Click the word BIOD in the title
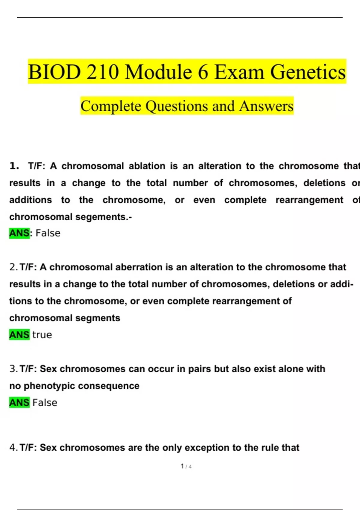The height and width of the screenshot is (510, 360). click(x=54, y=72)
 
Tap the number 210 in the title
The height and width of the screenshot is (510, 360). click(x=103, y=72)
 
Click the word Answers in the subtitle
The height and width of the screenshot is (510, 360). click(x=266, y=106)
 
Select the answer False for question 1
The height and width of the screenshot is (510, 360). click(x=48, y=233)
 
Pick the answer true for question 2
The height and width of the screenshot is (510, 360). click(x=42, y=335)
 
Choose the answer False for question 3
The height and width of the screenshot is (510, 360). click(x=45, y=403)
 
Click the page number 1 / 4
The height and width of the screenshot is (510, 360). click(x=186, y=466)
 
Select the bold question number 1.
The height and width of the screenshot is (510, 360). click(x=14, y=166)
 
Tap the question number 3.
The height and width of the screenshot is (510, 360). click(x=13, y=369)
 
